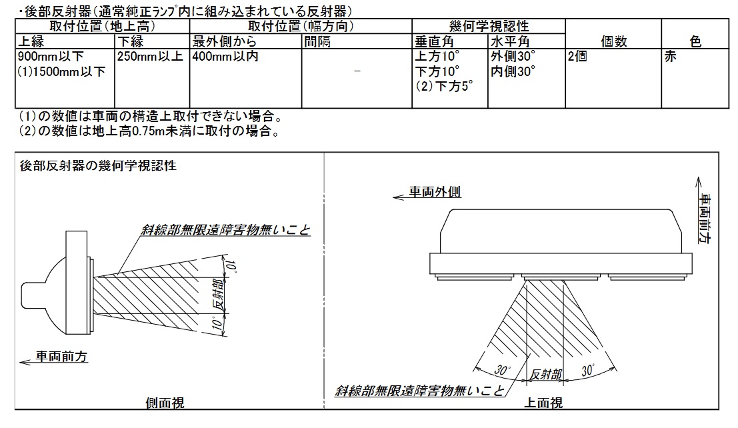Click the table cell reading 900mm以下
pyautogui.click(x=51, y=57)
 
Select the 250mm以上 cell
pyautogui.click(x=150, y=57)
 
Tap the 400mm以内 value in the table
pyautogui.click(x=225, y=57)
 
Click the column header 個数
pyautogui.click(x=614, y=41)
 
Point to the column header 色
pyautogui.click(x=695, y=41)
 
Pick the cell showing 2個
pyautogui.click(x=577, y=57)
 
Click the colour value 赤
pyautogui.click(x=670, y=57)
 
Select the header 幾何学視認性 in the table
pyautogui.click(x=489, y=26)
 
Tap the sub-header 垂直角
pyautogui.click(x=434, y=41)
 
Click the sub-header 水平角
pyautogui.click(x=510, y=41)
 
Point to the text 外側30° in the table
pyautogui.click(x=513, y=57)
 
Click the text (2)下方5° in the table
pyautogui.click(x=444, y=87)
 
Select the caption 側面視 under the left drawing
pyautogui.click(x=165, y=403)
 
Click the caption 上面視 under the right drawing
pyautogui.click(x=543, y=403)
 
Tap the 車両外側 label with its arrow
pyautogui.click(x=427, y=193)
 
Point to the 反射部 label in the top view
pyautogui.click(x=546, y=375)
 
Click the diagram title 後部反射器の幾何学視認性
pyautogui.click(x=98, y=166)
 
